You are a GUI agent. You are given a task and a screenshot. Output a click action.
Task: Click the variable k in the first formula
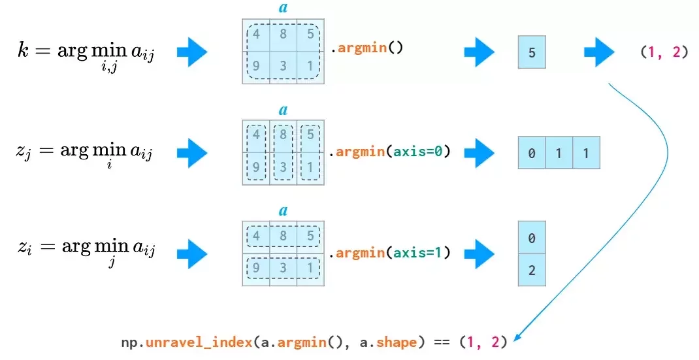click(x=23, y=50)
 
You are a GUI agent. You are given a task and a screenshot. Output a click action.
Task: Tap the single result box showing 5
click(x=532, y=52)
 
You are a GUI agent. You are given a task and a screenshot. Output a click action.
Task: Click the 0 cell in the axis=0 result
click(x=532, y=153)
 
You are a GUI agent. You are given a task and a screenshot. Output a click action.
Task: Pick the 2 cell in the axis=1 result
click(x=532, y=270)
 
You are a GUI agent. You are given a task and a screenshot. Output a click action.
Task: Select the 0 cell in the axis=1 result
click(x=532, y=237)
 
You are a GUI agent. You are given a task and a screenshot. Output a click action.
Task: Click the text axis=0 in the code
click(x=417, y=152)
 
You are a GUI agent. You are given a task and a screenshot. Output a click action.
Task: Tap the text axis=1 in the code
click(x=417, y=253)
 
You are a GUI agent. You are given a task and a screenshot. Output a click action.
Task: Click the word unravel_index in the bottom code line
click(x=199, y=342)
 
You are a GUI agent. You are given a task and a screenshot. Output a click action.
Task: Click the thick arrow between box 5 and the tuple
click(x=599, y=52)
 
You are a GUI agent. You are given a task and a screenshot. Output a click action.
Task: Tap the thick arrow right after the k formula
click(x=192, y=52)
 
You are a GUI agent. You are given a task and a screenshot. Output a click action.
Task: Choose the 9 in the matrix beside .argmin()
click(x=256, y=66)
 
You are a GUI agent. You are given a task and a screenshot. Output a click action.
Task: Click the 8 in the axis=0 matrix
click(x=283, y=135)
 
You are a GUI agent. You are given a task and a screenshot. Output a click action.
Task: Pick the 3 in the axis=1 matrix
click(x=283, y=268)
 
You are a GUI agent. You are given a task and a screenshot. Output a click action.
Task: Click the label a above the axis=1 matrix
click(x=283, y=210)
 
